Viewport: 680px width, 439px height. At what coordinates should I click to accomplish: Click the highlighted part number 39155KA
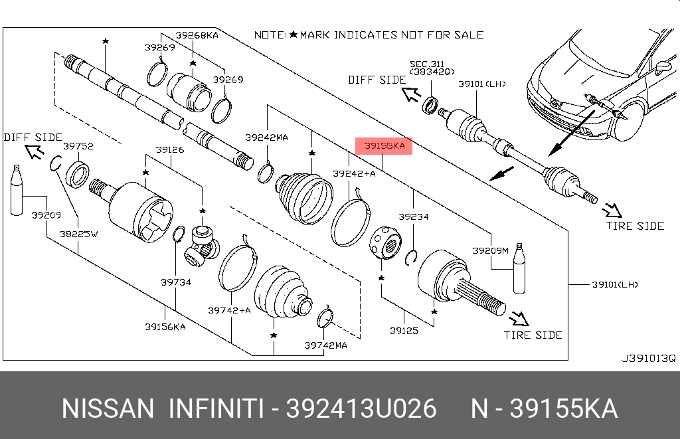(x=384, y=146)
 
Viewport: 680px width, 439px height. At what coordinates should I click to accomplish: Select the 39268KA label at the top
(x=197, y=34)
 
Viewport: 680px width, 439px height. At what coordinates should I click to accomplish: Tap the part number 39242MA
(x=266, y=137)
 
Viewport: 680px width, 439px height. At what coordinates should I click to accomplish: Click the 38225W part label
(x=78, y=234)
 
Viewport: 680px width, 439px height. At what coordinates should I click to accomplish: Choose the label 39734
(x=175, y=282)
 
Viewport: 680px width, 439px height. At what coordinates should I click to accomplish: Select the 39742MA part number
(x=325, y=345)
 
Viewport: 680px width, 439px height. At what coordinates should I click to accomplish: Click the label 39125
(x=404, y=329)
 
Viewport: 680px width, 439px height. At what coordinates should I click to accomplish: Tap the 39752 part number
(x=78, y=145)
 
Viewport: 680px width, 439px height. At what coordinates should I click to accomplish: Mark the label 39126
(x=170, y=150)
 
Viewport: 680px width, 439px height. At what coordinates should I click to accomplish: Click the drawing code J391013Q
(x=647, y=358)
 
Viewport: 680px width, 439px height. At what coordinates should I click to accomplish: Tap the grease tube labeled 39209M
(x=520, y=268)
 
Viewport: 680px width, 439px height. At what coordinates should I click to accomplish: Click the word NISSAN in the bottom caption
(x=108, y=408)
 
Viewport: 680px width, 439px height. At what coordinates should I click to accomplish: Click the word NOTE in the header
(x=270, y=35)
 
